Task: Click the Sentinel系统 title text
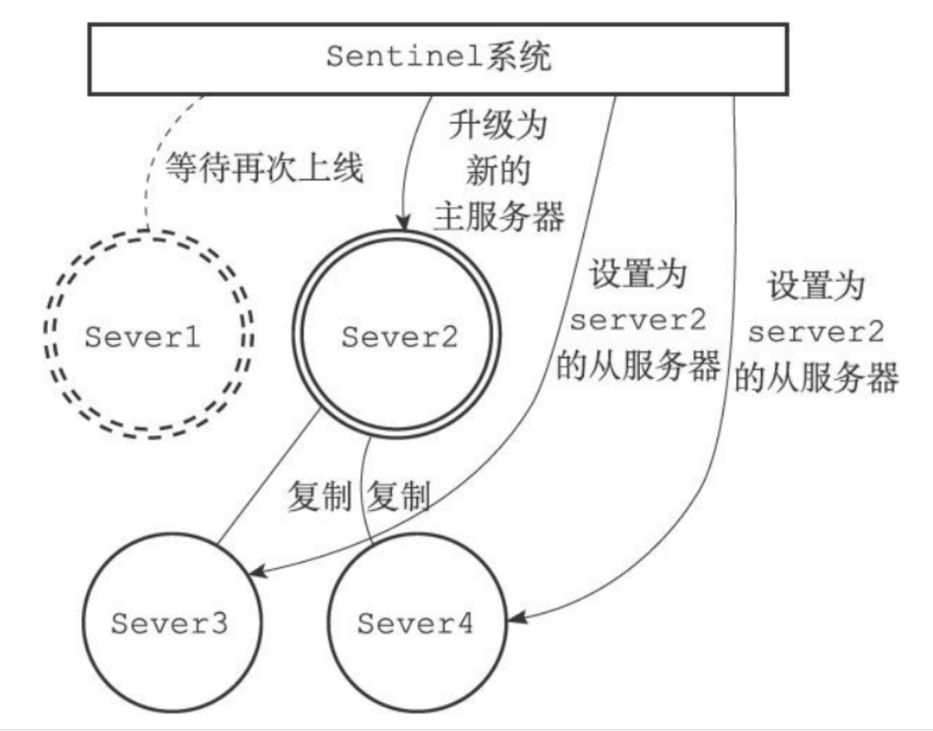point(438,56)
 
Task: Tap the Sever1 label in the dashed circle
point(143,337)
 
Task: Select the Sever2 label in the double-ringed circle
point(399,337)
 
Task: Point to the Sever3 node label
point(169,623)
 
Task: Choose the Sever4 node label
point(415,623)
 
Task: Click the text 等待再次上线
point(264,168)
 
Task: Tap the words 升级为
point(498,125)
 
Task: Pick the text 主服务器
point(499,216)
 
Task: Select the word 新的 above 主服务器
point(498,171)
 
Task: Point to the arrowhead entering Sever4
point(515,619)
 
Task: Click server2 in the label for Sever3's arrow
point(638,320)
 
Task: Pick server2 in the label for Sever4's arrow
point(816,332)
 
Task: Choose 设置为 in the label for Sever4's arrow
point(816,286)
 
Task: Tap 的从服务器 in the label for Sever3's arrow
point(638,366)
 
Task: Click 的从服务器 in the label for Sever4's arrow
point(816,378)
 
